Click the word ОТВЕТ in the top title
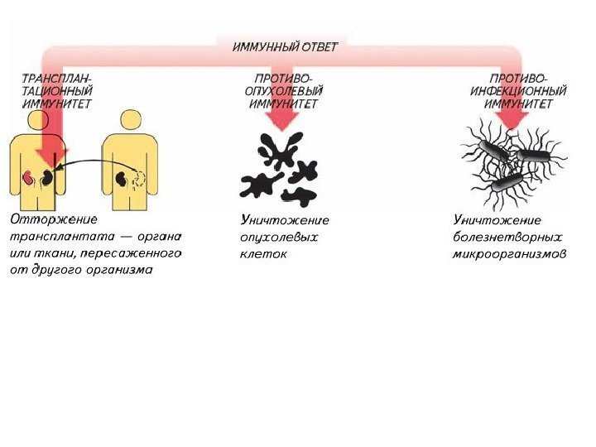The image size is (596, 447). (x=320, y=46)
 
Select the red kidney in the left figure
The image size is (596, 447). (x=28, y=177)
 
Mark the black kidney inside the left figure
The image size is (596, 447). (x=49, y=177)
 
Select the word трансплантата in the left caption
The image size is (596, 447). (x=60, y=237)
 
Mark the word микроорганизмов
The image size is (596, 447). (x=510, y=253)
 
